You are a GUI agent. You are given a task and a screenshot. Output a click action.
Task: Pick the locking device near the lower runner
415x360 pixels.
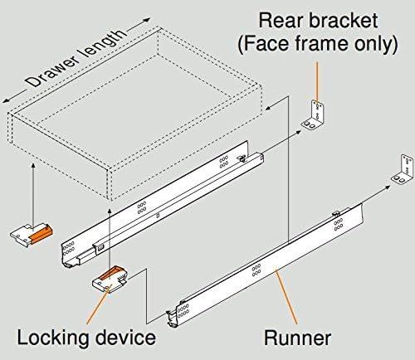[x=110, y=280]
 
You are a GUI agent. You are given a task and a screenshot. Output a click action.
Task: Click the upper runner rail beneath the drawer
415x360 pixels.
[x=166, y=207]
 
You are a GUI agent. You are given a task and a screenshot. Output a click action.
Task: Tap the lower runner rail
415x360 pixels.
[x=266, y=265]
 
